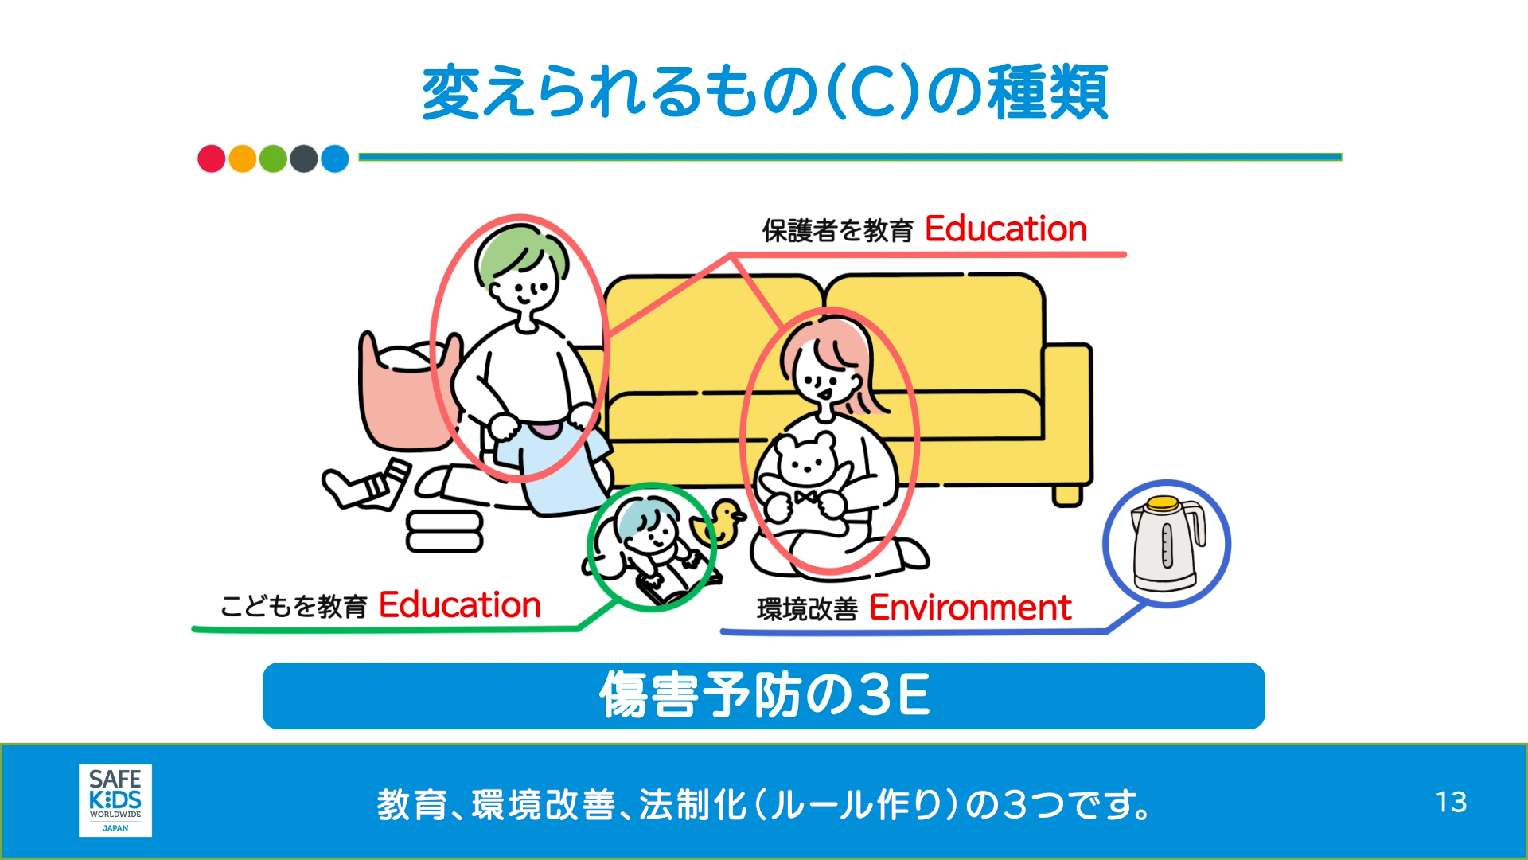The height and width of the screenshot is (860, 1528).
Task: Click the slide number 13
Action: (1451, 802)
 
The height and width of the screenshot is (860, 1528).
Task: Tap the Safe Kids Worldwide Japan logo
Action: (115, 800)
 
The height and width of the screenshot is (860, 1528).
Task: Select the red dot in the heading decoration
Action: (211, 158)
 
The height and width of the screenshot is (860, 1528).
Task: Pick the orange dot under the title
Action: (242, 158)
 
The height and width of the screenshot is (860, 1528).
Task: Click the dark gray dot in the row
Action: (304, 158)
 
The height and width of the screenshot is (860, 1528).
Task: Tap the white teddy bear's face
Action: (805, 460)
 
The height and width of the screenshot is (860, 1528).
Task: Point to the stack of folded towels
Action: (444, 532)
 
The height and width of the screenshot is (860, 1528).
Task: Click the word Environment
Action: (970, 608)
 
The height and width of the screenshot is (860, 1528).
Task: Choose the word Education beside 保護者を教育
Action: (1005, 229)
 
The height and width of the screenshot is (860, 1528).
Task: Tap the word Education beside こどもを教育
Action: (459, 605)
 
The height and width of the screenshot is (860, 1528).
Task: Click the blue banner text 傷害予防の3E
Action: (764, 695)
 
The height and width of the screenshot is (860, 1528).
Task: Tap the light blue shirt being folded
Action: (557, 470)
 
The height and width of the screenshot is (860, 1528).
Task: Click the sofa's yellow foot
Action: (1067, 495)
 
